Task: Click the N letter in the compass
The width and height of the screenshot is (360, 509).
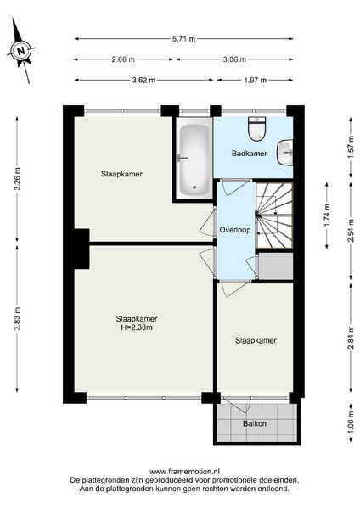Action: [x=21, y=51]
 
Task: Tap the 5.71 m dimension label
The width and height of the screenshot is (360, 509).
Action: [x=184, y=39]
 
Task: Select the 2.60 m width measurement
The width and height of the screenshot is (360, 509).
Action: [x=123, y=59]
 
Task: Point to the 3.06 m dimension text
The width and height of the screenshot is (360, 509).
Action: [x=234, y=59]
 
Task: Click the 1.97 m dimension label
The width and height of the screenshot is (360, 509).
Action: [x=256, y=80]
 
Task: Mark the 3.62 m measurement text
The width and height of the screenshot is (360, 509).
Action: [x=143, y=80]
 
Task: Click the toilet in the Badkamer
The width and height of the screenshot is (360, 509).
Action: [x=257, y=129]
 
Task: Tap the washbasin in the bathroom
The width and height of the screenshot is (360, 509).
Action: [x=285, y=152]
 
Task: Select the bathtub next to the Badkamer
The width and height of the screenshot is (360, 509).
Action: [x=194, y=159]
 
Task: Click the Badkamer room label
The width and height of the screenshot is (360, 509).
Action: [x=250, y=154]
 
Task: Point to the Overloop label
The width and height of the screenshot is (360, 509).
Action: [x=235, y=230]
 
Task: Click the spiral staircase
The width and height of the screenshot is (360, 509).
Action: [x=274, y=215]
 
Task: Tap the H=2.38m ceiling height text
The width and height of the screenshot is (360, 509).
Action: [x=137, y=327]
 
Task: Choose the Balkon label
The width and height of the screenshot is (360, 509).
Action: [x=255, y=423]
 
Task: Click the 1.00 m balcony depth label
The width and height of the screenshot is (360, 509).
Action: [x=351, y=422]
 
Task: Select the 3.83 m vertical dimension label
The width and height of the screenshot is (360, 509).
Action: [x=17, y=318]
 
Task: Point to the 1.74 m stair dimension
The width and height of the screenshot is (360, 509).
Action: [x=327, y=215]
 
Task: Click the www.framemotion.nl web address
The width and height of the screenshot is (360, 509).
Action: [x=184, y=472]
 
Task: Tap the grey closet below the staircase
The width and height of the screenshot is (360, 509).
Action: [x=276, y=266]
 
